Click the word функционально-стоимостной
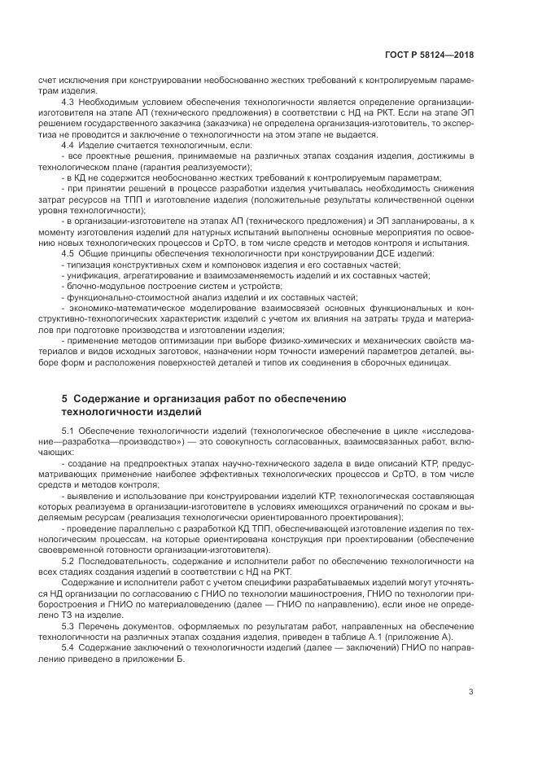pos(124,300)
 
